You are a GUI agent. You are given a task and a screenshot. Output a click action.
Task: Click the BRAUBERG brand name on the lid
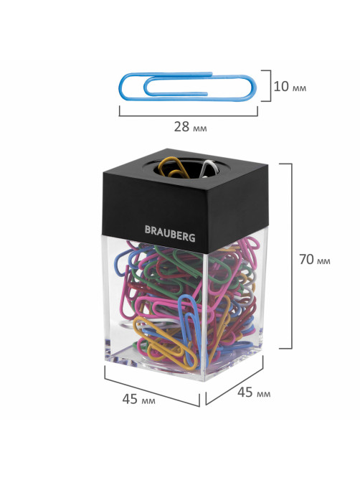(x=170, y=233)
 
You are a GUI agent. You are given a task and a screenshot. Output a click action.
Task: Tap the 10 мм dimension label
(x=290, y=87)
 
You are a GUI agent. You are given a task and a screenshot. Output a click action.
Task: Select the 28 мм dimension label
(x=190, y=126)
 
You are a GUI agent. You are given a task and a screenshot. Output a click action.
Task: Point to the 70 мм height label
(x=314, y=259)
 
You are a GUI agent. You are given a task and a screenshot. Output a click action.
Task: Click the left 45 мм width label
(x=138, y=399)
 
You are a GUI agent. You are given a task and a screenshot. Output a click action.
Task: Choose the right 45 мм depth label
(x=254, y=392)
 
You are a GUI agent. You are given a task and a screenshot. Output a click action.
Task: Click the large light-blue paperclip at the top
(x=187, y=87)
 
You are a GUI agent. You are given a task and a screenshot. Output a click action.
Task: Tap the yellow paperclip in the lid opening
(x=174, y=168)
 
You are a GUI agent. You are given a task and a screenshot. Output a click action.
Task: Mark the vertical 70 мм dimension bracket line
(x=291, y=256)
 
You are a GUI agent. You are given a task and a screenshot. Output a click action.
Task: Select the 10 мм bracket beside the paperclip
(x=270, y=85)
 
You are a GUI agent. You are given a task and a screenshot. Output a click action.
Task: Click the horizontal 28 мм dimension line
(x=188, y=116)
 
